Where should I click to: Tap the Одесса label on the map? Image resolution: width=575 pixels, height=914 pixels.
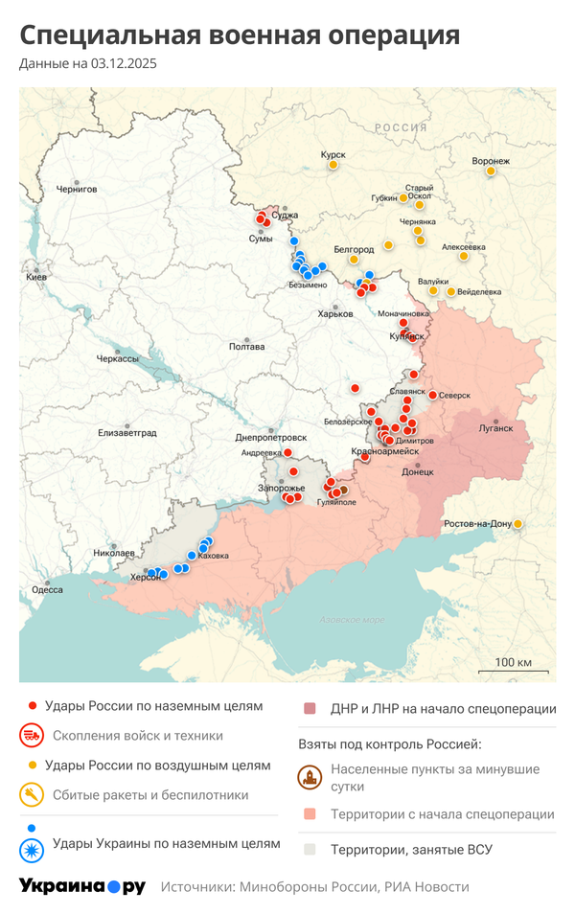click(x=47, y=590)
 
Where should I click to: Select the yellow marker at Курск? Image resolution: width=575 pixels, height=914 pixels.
click(x=333, y=165)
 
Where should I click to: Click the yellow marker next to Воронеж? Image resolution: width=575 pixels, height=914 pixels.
click(x=491, y=171)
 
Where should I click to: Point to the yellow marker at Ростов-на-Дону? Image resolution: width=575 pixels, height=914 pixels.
click(x=518, y=524)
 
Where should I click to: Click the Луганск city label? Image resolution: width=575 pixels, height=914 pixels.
click(x=496, y=429)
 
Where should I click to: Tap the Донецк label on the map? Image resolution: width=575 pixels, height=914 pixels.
click(x=418, y=471)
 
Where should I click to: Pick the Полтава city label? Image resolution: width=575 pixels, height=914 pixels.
click(x=246, y=347)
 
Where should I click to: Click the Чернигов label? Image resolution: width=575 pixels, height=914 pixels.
click(x=77, y=189)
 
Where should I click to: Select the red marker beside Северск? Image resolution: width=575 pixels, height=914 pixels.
click(x=432, y=395)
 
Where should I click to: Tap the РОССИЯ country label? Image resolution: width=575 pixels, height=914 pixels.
click(x=401, y=127)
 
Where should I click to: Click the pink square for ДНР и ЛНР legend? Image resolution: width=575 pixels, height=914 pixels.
click(x=310, y=709)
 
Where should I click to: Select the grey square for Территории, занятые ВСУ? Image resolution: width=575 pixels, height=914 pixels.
click(x=310, y=849)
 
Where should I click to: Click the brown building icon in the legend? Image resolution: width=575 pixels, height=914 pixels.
click(x=310, y=777)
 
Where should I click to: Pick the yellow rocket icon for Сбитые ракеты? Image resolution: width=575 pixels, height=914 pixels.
click(x=33, y=794)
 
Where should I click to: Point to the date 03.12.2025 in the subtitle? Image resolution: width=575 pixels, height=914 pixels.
click(x=124, y=64)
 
